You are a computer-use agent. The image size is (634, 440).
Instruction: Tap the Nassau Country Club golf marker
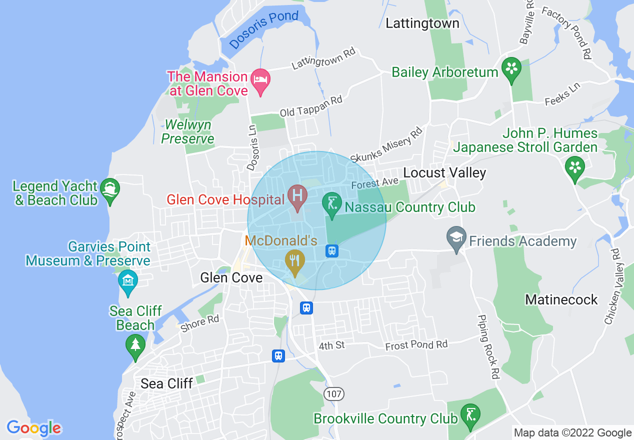point(332,203)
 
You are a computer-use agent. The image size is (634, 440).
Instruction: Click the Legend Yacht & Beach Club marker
point(109,189)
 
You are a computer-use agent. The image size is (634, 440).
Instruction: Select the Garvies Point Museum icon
point(127,280)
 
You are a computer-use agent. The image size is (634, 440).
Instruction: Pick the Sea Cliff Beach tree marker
point(134,345)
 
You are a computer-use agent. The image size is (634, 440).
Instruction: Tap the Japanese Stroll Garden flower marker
point(574,166)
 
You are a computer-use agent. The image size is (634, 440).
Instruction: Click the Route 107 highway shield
point(333,394)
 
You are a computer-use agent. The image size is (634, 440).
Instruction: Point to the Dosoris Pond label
point(264,29)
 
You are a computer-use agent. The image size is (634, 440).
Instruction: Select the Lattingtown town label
point(422,23)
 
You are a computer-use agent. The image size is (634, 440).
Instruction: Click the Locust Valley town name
point(444,173)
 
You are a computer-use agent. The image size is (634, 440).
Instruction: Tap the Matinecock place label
point(561,299)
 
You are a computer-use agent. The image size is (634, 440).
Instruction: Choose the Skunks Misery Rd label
point(386,144)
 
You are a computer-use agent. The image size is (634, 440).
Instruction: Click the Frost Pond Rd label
point(416,345)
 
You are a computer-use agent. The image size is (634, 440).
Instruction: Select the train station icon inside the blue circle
point(331,251)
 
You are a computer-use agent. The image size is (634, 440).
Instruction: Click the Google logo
point(34,428)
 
